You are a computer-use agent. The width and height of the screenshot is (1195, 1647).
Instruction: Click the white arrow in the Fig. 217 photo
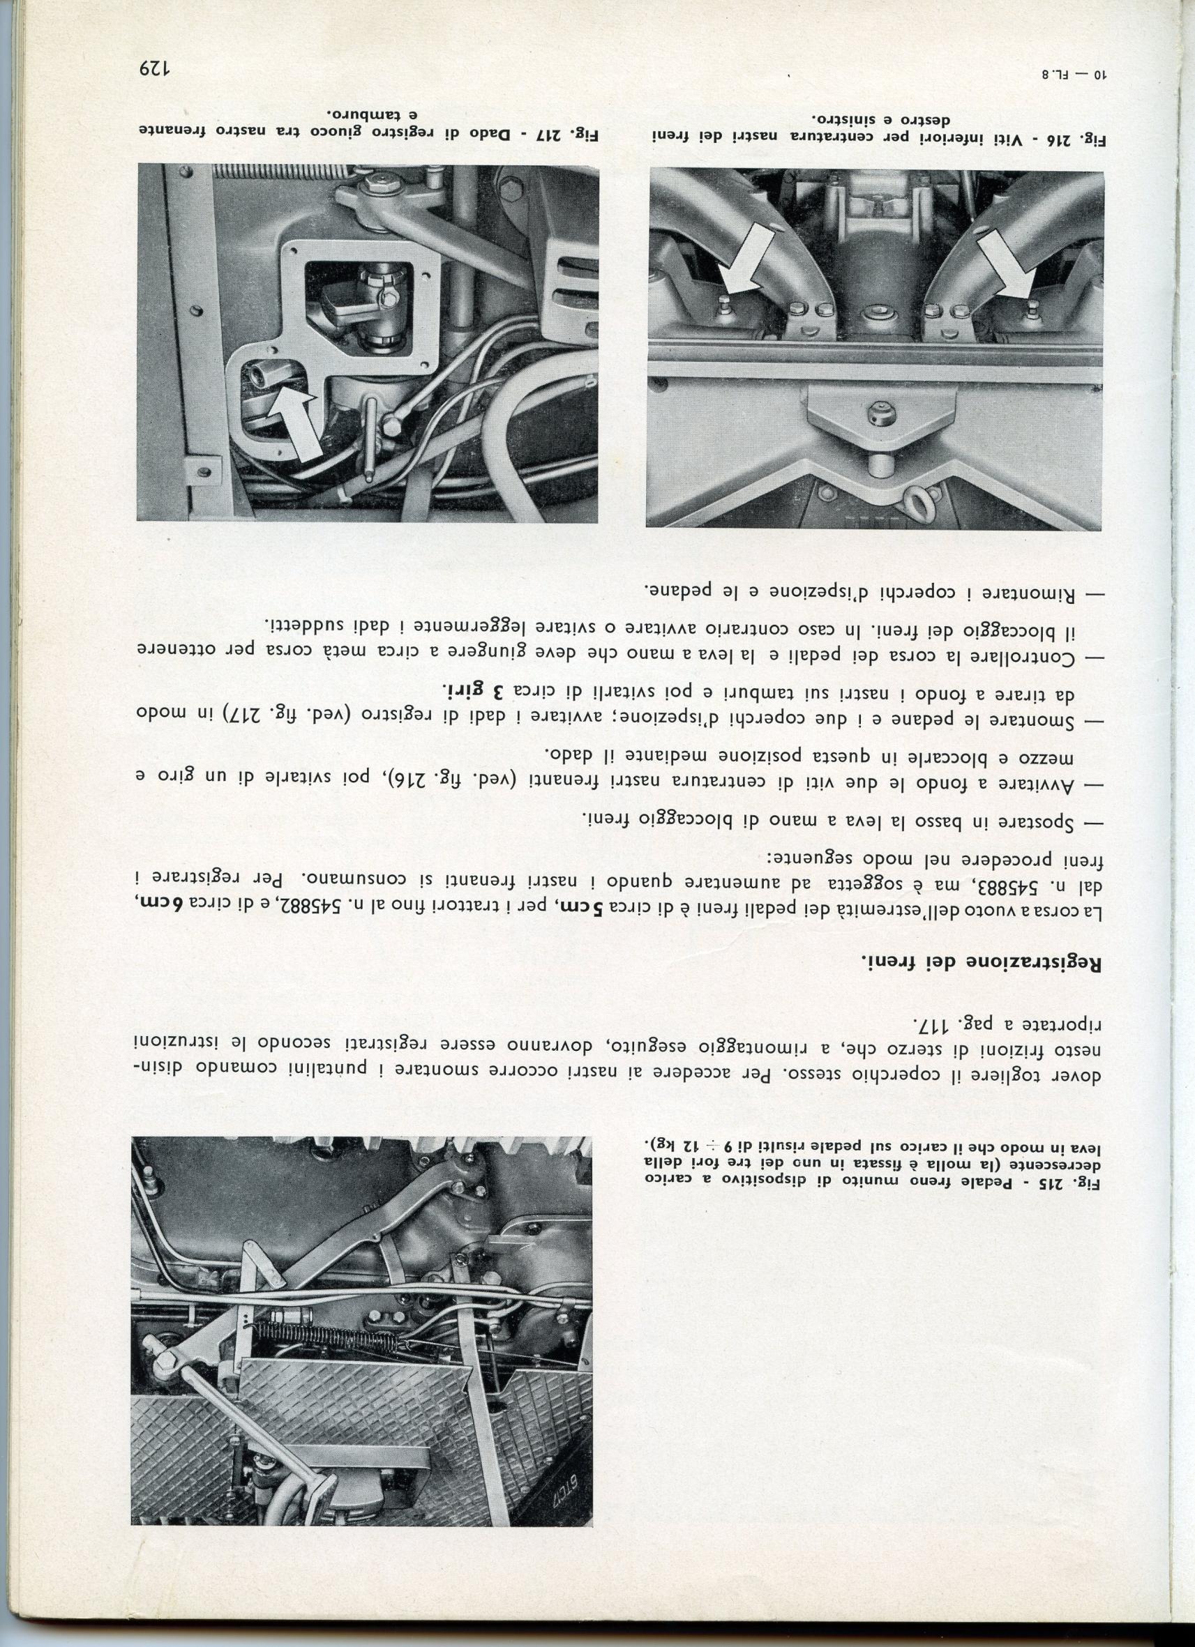pos(294,419)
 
